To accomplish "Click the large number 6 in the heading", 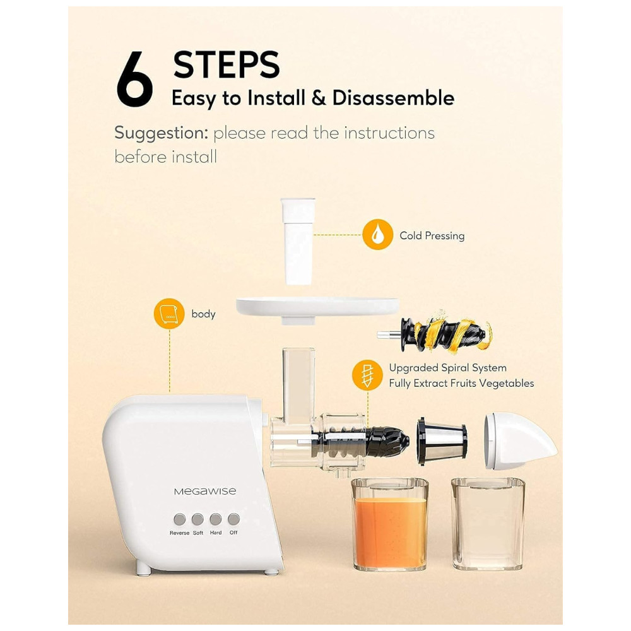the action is tap(134, 80).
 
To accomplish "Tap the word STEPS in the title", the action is tap(226, 64).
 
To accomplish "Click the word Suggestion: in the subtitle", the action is tap(162, 133).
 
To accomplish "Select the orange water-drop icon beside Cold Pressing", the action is tap(377, 234).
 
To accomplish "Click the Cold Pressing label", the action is tap(432, 235).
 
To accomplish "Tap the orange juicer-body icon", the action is tap(169, 314).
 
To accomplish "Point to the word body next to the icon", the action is tap(203, 314).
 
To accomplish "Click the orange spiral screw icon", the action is tap(367, 375).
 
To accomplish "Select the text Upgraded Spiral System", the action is tap(447, 368).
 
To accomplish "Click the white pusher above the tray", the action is tap(298, 241).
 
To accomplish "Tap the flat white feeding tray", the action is tap(317, 309).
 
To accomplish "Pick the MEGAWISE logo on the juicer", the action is tap(205, 491).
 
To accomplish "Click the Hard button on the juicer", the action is tap(215, 519).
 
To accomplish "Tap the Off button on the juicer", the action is tap(233, 519).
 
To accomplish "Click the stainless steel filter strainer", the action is tap(442, 440).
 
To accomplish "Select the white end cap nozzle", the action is tap(520, 440).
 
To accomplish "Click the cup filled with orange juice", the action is tap(389, 524).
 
